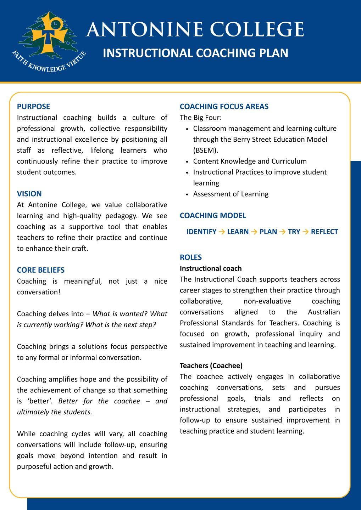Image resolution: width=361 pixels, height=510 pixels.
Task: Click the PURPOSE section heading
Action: coord(33,106)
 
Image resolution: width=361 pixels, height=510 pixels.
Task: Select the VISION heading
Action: coord(29,194)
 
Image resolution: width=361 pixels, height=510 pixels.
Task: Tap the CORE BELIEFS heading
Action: coord(41,270)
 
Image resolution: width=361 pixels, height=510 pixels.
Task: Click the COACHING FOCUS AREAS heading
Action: coord(224,106)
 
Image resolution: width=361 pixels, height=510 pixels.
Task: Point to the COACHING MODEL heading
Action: coord(213,215)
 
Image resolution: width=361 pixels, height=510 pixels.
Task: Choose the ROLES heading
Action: coord(191,257)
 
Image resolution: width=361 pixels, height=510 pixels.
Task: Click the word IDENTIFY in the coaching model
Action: coord(201,232)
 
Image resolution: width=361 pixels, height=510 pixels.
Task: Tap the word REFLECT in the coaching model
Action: coord(324,232)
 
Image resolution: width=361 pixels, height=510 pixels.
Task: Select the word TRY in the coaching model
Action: coord(294,232)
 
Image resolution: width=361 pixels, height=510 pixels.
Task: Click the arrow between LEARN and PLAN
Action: coord(254,232)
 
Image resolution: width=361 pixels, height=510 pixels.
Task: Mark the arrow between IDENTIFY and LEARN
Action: coord(222,232)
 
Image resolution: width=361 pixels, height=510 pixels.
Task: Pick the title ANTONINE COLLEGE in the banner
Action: coord(195,29)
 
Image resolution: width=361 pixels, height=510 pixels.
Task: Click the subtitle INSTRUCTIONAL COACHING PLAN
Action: coord(195,53)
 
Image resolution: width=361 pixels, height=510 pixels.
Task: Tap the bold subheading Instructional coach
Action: coord(211,268)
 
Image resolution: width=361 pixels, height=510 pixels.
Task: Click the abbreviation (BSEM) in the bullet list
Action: coord(206,150)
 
